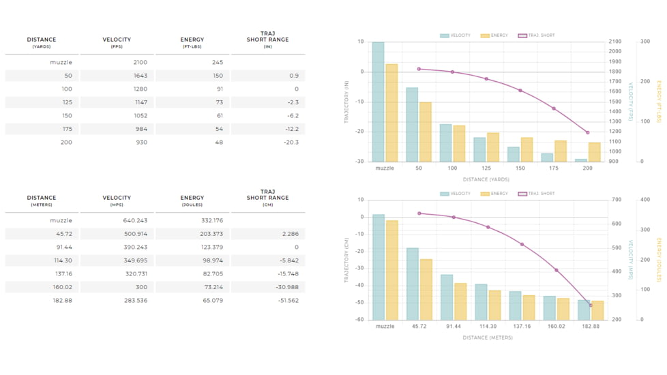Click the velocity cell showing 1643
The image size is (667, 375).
[140, 76]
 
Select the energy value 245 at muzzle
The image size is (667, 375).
[217, 62]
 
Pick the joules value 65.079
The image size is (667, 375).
[212, 301]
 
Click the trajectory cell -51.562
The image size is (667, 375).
[287, 301]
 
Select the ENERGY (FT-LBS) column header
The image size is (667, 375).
[192, 42]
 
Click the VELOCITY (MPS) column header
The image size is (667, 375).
[117, 200]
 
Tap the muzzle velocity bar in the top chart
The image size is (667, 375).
[378, 102]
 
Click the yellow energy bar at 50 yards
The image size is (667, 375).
[425, 132]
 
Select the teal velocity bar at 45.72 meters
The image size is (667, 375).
[413, 284]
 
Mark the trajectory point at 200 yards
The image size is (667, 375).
[588, 132]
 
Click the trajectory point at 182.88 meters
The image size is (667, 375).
[591, 305]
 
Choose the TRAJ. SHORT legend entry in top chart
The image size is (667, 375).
[537, 35]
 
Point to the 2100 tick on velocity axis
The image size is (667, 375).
[615, 42]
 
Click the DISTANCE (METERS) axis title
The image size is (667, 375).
[487, 337]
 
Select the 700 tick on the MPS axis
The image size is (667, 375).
[617, 200]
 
